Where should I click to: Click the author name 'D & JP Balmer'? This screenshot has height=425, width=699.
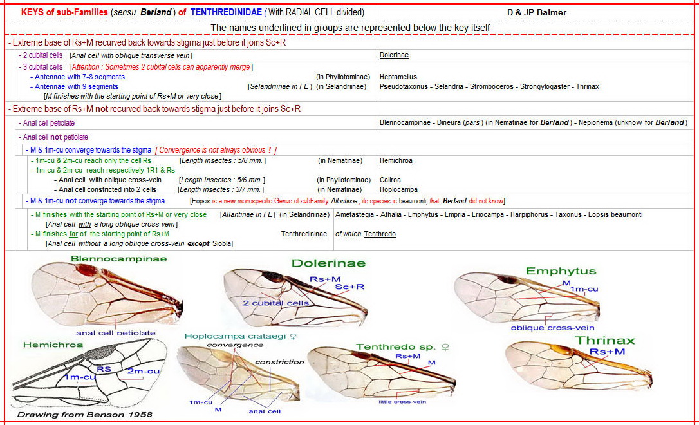[537, 12]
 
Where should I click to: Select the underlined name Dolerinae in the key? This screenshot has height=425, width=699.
[394, 55]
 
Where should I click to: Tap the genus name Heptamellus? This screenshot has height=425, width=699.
[398, 77]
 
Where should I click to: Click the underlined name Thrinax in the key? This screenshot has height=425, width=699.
[587, 86]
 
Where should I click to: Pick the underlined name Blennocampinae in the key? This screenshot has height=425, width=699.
[405, 122]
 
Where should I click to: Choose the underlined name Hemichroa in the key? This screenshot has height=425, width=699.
[396, 161]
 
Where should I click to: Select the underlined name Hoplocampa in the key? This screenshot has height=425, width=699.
[398, 190]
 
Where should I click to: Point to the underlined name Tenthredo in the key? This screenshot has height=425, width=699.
[380, 234]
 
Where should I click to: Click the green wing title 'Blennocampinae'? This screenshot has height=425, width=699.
[119, 259]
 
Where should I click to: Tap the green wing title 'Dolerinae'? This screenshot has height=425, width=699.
[328, 263]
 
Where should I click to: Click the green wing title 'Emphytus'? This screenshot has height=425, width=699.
[561, 271]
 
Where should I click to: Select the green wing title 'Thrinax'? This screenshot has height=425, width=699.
[605, 340]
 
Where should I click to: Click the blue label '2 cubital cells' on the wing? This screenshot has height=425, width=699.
[273, 302]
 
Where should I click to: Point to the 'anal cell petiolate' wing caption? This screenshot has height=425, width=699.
[116, 333]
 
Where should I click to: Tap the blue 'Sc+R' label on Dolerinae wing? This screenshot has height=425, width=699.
[350, 287]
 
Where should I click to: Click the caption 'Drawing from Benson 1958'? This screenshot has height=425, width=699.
[85, 415]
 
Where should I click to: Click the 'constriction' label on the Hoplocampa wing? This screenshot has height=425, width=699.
[279, 362]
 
